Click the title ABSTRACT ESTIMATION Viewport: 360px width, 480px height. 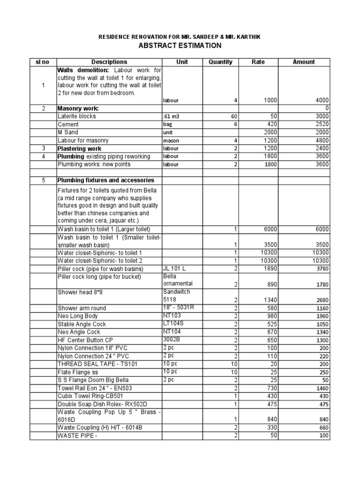[x=180, y=45]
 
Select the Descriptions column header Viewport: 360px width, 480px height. [x=109, y=62]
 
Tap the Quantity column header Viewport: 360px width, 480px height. [x=220, y=62]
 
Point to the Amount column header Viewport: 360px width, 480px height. [x=304, y=62]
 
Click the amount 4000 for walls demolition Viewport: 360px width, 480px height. [x=322, y=100]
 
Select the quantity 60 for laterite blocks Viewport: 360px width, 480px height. [x=233, y=116]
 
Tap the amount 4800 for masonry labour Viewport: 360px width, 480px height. [x=322, y=140]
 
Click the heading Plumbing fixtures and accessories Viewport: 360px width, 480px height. [x=105, y=180]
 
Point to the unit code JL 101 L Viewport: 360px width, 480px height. [x=174, y=269]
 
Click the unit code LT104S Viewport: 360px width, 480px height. [x=174, y=324]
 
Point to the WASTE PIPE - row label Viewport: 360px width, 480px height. [x=77, y=435]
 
